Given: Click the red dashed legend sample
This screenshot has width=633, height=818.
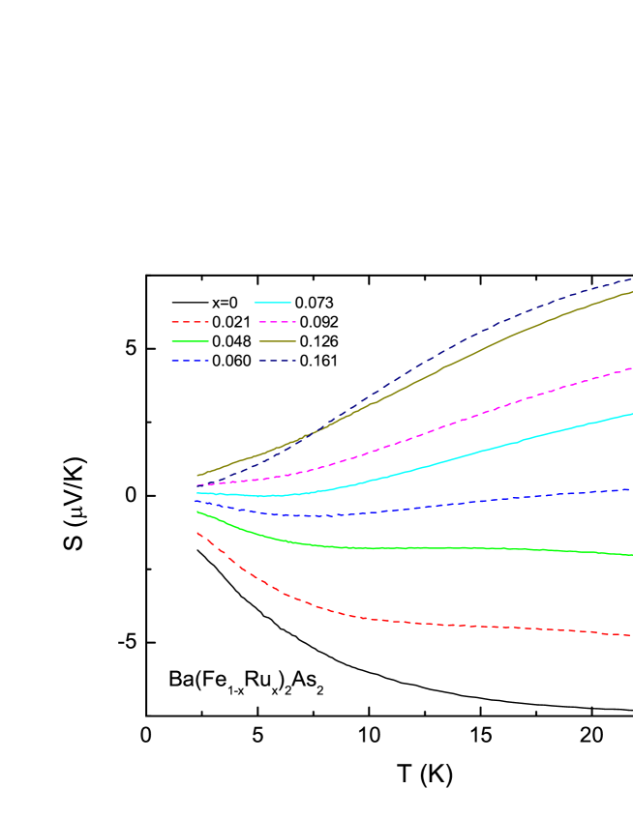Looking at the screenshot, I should point(190,321).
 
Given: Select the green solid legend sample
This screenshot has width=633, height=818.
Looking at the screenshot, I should point(190,341).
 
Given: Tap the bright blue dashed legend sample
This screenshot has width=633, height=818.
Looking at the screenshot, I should point(190,361).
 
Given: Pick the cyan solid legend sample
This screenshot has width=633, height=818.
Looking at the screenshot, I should point(272,303).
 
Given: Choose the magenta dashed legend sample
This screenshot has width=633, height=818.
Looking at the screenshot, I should point(277,321).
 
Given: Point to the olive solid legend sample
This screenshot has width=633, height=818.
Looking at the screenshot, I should point(277,341).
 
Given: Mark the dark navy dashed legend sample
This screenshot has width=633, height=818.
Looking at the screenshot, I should point(277,361).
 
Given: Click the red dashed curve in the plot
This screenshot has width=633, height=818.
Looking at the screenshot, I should point(387,621).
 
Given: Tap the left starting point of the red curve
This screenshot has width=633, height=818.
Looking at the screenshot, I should point(197,532).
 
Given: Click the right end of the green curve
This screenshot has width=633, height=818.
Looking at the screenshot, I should point(631,555).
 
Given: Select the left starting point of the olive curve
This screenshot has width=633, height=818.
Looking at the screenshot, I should point(197,476).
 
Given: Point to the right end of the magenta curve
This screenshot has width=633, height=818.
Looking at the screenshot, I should point(631,368).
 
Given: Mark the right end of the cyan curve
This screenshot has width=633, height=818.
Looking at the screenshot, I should point(631,414).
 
